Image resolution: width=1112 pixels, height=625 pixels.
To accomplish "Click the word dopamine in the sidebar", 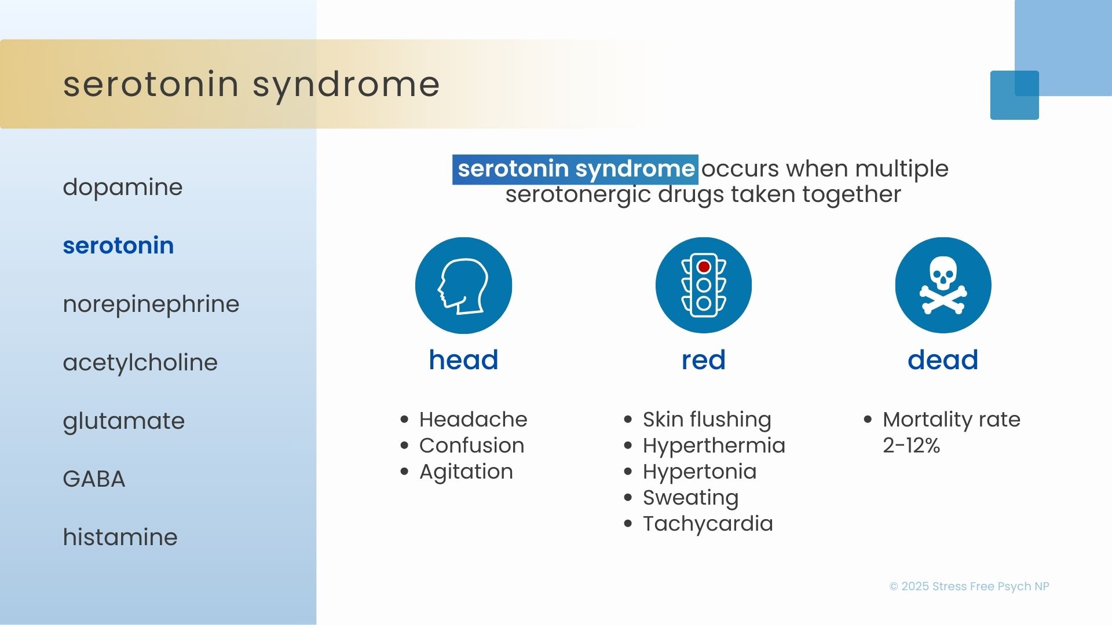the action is pos(123,187).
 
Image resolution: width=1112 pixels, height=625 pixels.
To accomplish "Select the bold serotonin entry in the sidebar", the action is pos(118,245).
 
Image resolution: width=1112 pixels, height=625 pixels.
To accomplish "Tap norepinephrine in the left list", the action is pos(151,304).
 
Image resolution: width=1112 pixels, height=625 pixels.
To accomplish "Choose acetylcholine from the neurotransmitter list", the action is pos(140,362).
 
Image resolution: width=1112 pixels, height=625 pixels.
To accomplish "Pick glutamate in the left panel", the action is pos(124,421).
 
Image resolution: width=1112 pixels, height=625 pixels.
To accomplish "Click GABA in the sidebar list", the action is pos(94,479).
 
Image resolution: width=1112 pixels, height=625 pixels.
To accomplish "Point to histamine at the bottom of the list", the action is pos(120,536).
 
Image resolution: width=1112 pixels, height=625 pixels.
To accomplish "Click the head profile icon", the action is pos(463,285).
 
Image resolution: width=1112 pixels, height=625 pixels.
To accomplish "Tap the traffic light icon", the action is pos(704,285).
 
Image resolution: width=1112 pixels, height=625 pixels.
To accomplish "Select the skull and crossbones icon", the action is pos(943,285).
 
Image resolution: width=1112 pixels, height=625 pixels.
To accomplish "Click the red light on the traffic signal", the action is pos(704,267).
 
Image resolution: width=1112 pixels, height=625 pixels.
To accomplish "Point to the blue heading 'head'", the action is pos(463,360).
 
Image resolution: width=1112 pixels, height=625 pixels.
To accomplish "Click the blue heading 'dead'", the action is pos(943,360).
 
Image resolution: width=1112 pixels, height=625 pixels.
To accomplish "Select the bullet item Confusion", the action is pos(471,446).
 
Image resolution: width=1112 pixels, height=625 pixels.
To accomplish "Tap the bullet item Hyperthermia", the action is pos(714,446).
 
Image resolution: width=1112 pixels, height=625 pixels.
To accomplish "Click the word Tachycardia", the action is pos(708,524).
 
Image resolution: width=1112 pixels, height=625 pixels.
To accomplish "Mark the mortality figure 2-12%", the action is pos(912,446).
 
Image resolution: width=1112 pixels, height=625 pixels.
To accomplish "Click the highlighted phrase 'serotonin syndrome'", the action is pos(576,169).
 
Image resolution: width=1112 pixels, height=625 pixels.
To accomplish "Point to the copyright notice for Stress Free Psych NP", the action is pos(969,586).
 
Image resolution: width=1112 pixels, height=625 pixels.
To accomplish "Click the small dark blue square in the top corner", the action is pos(1014,95).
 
